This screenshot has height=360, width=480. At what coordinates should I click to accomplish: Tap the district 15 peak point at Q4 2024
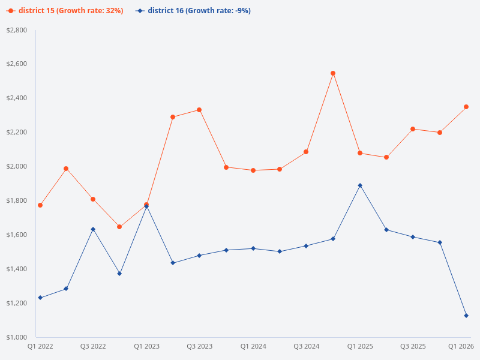pos(333,73)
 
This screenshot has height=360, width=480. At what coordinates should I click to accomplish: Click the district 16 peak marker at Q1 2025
pos(360,185)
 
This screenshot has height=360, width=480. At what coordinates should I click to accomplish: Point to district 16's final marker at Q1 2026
pos(466,316)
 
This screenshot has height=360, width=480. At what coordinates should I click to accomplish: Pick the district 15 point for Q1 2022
pos(40,205)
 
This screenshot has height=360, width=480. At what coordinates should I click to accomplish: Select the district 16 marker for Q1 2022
pos(40,298)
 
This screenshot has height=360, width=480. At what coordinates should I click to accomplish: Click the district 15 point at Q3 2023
pos(199,110)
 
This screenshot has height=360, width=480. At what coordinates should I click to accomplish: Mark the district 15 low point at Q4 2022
pos(119,227)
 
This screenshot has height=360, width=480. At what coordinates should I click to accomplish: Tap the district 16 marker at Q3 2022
pos(93,229)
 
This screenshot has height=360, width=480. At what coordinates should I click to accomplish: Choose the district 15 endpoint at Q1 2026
pos(466,107)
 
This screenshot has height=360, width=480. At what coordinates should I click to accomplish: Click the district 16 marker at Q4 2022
pos(119,274)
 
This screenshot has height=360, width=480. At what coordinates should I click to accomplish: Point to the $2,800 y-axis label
pos(17,30)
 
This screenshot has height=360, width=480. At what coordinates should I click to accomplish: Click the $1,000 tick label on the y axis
pos(17,337)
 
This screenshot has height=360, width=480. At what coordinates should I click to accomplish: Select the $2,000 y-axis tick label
pos(17,166)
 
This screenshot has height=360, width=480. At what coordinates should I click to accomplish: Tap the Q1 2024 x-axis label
pos(253,347)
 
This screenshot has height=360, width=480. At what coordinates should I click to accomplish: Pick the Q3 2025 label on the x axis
pos(413,347)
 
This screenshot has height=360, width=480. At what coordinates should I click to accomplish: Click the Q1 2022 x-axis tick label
pos(40,347)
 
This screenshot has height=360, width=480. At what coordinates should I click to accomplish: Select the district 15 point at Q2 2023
pos(173,117)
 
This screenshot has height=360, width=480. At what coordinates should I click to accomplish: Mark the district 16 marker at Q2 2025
pos(386,230)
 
